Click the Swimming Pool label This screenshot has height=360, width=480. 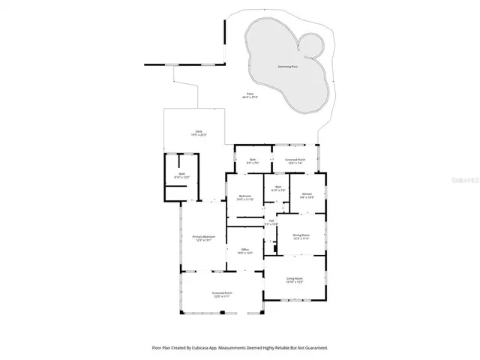[x=284, y=67]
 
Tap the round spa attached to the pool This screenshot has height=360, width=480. [x=312, y=47]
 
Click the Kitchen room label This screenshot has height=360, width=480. [x=306, y=193]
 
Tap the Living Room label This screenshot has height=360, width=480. [x=294, y=279]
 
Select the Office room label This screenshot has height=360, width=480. [x=244, y=250]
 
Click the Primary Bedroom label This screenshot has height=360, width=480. [x=203, y=237]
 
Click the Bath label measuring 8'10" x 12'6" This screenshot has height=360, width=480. [x=181, y=174]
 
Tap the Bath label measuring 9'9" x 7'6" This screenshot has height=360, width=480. [x=252, y=159]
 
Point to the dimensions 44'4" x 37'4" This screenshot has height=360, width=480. [x=249, y=97]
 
